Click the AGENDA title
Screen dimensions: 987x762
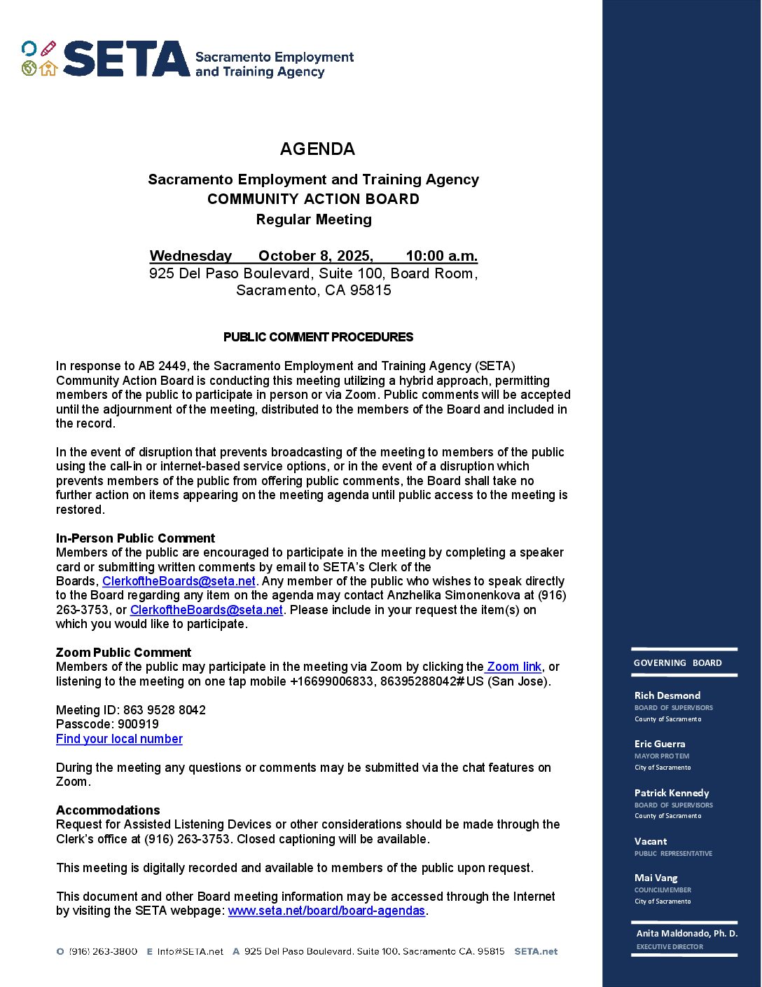click(x=317, y=149)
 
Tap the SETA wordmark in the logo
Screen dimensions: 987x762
click(x=126, y=59)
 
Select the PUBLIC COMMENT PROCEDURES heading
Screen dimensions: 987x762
click(x=318, y=337)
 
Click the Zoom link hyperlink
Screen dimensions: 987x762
click(x=514, y=667)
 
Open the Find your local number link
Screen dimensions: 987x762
click(x=119, y=739)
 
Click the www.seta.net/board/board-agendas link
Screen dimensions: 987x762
click(x=326, y=911)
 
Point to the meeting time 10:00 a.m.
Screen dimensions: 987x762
click(x=441, y=256)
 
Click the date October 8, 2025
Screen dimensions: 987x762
click(x=315, y=256)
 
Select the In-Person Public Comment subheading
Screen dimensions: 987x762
click(x=135, y=538)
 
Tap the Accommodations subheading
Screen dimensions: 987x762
click(x=108, y=810)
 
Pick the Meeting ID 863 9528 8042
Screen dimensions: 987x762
click(x=165, y=710)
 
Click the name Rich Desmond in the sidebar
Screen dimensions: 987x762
click(x=667, y=695)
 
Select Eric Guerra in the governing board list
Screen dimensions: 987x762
click(x=660, y=744)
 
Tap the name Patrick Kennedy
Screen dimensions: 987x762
click(x=672, y=793)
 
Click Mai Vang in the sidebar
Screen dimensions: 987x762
click(x=656, y=878)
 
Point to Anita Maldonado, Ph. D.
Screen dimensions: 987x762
click(x=686, y=934)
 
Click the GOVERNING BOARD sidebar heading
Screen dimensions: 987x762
click(x=677, y=663)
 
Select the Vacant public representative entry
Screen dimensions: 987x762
click(x=651, y=841)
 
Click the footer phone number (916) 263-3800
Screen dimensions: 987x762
click(x=103, y=951)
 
